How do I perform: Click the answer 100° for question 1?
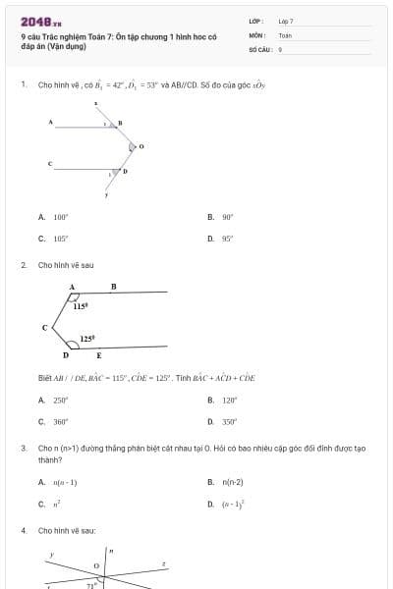tap(61, 216)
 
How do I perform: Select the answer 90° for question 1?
tap(227, 216)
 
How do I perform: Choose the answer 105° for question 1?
tap(61, 238)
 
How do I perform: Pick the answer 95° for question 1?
tap(227, 238)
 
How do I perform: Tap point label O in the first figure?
tap(141, 146)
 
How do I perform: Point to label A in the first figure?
tap(50, 122)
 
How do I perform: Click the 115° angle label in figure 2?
tap(82, 306)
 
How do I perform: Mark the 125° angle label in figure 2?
tap(87, 339)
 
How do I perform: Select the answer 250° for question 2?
tap(61, 400)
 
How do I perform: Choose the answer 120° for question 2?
tap(229, 400)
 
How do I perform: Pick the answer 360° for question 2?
tap(61, 421)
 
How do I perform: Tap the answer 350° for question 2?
tap(229, 421)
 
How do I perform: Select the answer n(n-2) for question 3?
tap(232, 482)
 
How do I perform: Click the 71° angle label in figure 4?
tap(93, 585)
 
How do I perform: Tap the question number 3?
tap(23, 448)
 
